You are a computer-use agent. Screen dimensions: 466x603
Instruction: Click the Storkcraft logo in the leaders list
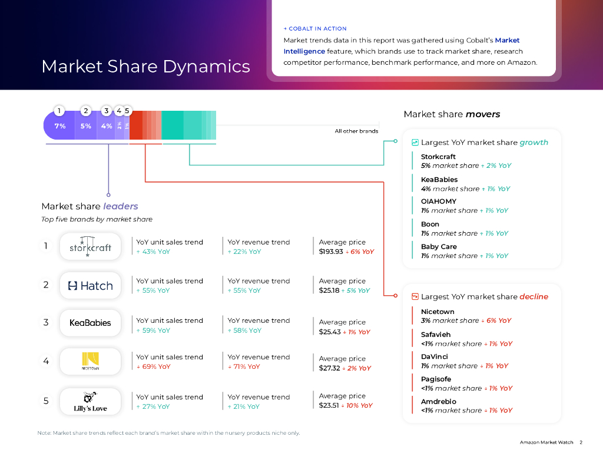click(90, 246)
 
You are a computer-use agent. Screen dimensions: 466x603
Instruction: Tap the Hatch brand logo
click(90, 286)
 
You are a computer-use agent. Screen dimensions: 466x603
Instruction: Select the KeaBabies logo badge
click(90, 323)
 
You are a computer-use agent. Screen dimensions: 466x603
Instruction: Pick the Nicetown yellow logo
click(90, 361)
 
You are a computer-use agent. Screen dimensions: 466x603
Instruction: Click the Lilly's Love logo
click(90, 401)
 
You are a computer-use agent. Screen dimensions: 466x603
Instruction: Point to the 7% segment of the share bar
click(59, 126)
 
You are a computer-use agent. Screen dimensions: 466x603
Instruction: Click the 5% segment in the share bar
click(86, 126)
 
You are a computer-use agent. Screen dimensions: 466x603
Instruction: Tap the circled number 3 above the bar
click(106, 111)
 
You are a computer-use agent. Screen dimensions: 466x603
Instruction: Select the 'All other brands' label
click(356, 131)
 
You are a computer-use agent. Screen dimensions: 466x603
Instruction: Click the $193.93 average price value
click(330, 252)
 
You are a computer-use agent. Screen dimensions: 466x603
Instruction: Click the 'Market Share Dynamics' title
click(145, 66)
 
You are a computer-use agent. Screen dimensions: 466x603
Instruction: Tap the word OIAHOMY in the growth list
click(439, 201)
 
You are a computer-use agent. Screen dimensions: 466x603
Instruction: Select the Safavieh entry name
click(436, 334)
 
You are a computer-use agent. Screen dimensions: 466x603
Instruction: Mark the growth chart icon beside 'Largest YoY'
click(415, 143)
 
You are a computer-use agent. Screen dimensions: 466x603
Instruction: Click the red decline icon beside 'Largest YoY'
click(415, 297)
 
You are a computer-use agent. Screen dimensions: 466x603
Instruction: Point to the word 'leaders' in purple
click(121, 206)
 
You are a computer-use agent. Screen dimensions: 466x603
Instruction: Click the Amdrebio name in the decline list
click(439, 401)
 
